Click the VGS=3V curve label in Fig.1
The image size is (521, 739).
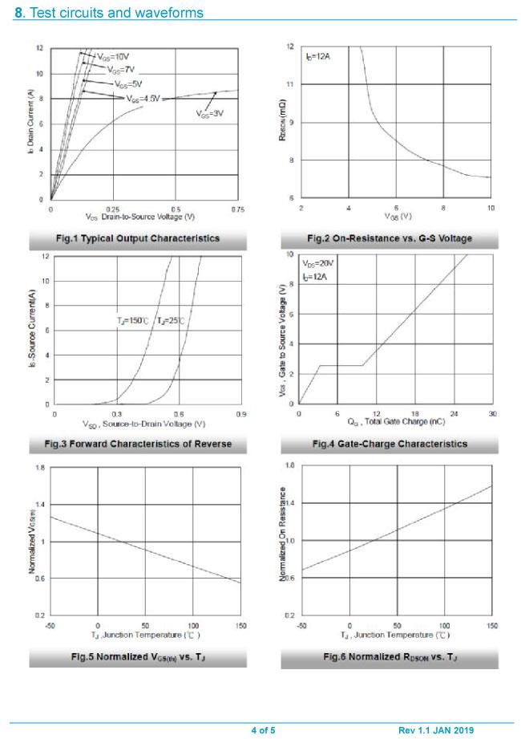click(209, 114)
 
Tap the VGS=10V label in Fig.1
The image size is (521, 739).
click(113, 57)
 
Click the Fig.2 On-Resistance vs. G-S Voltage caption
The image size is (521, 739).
click(390, 238)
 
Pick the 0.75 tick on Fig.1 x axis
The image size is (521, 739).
click(237, 209)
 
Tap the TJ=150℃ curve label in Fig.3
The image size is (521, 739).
click(132, 320)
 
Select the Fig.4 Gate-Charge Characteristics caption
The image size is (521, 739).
click(390, 444)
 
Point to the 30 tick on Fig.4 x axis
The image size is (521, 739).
click(491, 413)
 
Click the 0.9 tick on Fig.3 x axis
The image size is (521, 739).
click(241, 413)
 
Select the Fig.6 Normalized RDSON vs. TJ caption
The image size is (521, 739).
click(390, 658)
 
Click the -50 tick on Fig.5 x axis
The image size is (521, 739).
click(50, 624)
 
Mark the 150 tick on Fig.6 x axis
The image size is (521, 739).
click(491, 624)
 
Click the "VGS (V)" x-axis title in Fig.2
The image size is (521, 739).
click(395, 217)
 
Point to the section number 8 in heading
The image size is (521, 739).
click(18, 13)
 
